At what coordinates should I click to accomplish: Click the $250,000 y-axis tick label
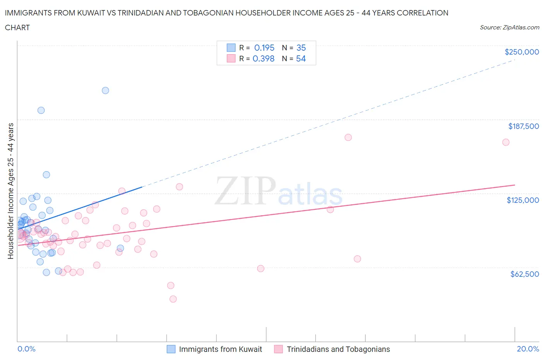point(522,52)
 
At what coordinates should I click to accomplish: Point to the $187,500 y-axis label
point(523,126)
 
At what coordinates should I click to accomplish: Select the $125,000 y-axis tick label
point(523,200)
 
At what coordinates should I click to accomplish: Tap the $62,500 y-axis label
point(524,274)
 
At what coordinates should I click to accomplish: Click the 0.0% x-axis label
point(26,349)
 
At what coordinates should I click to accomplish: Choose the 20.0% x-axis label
point(528,349)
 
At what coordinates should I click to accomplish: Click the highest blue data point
point(105,91)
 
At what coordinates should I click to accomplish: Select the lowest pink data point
point(173,299)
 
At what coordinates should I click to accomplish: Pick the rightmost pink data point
point(506,142)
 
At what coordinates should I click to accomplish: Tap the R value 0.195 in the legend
point(264,48)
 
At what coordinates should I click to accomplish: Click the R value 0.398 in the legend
point(263,58)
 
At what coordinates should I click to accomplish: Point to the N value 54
point(301,58)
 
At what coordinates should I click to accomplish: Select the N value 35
point(301,48)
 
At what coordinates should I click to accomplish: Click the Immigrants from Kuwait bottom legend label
point(220,349)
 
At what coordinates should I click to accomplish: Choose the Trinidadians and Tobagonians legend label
point(338,349)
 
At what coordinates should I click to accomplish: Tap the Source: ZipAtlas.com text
point(509,27)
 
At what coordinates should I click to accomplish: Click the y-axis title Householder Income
point(11,191)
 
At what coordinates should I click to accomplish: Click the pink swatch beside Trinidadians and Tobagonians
point(278,349)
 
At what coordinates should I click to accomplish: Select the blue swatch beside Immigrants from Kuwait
point(171,349)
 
